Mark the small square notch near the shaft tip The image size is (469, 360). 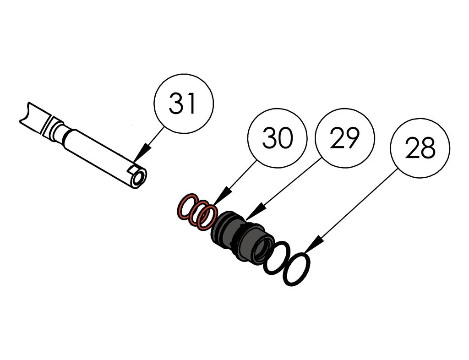(x=134, y=169)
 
